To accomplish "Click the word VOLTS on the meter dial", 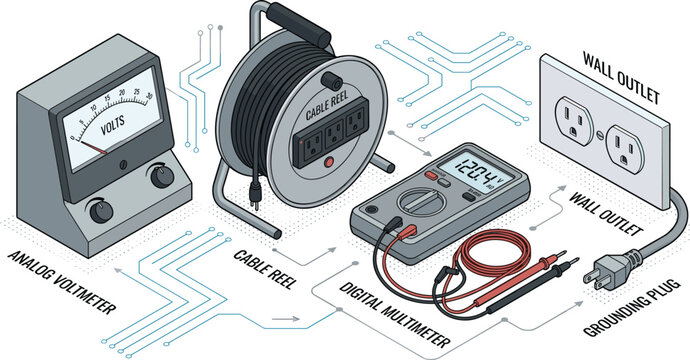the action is pyautogui.click(x=113, y=124).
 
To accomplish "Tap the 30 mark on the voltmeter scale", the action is pyautogui.click(x=149, y=96).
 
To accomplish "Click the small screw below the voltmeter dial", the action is pyautogui.click(x=124, y=165).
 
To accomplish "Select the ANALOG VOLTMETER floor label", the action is pyautogui.click(x=62, y=282).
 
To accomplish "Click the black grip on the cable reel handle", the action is pyautogui.click(x=300, y=24).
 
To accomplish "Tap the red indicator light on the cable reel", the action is pyautogui.click(x=328, y=163).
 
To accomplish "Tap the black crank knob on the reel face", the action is pyautogui.click(x=332, y=81).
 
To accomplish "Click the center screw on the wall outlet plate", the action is pyautogui.click(x=599, y=134).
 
